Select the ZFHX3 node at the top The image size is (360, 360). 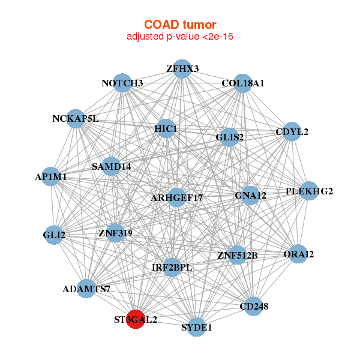tap(182, 69)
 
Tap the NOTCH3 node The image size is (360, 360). tap(122, 83)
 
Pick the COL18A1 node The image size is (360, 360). tap(243, 83)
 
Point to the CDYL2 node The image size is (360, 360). tap(292, 132)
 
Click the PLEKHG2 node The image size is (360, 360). tap(309, 191)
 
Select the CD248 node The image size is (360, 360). tap(254, 307)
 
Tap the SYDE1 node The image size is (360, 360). tap(197, 328)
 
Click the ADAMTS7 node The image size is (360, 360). tap(86, 289)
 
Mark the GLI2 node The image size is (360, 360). tap(55, 235)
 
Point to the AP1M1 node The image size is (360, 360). tap(51, 177)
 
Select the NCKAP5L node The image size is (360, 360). tap(76, 119)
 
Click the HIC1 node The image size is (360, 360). tap(166, 129)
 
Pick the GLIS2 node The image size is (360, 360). tap(230, 137)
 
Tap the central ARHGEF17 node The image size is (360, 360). tap(177, 197)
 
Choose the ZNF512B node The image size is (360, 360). tap(237, 256)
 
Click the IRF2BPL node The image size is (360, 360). tap(172, 267)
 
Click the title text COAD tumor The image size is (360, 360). tap(180, 25)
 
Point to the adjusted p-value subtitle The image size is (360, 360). tap(180, 37)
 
